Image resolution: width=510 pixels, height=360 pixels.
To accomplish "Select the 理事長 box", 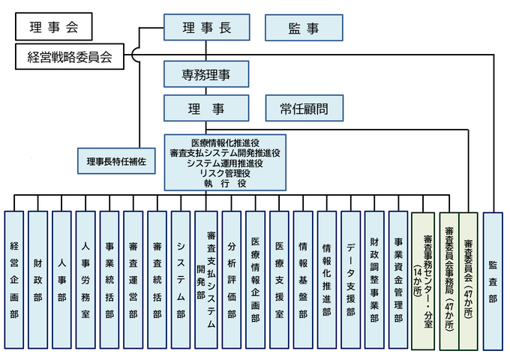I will click(x=206, y=28).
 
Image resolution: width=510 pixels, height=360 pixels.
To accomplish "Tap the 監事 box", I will click(x=303, y=28).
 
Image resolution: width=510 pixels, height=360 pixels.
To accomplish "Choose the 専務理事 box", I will click(x=206, y=74).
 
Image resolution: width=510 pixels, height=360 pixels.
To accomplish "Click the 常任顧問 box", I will click(x=303, y=108).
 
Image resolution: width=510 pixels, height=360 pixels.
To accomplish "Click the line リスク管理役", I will click(x=225, y=172).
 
